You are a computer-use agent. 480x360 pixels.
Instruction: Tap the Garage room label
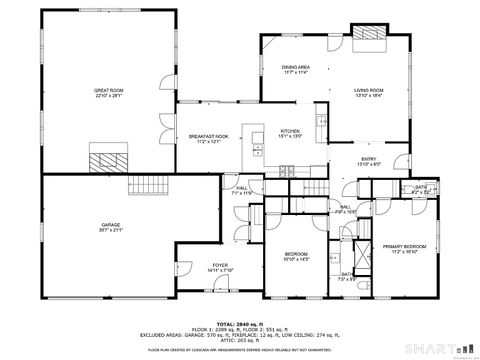click(x=111, y=225)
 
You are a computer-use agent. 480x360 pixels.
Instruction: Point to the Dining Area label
click(x=294, y=67)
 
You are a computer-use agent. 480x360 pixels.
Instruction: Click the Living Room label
click(x=369, y=90)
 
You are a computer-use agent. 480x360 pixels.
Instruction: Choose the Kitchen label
click(x=290, y=131)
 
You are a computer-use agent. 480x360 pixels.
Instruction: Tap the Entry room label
click(x=370, y=159)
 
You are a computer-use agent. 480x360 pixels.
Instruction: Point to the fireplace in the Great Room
click(x=106, y=158)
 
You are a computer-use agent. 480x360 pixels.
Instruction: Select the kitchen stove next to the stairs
click(x=290, y=171)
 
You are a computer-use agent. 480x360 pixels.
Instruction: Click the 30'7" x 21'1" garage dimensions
click(x=111, y=231)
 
